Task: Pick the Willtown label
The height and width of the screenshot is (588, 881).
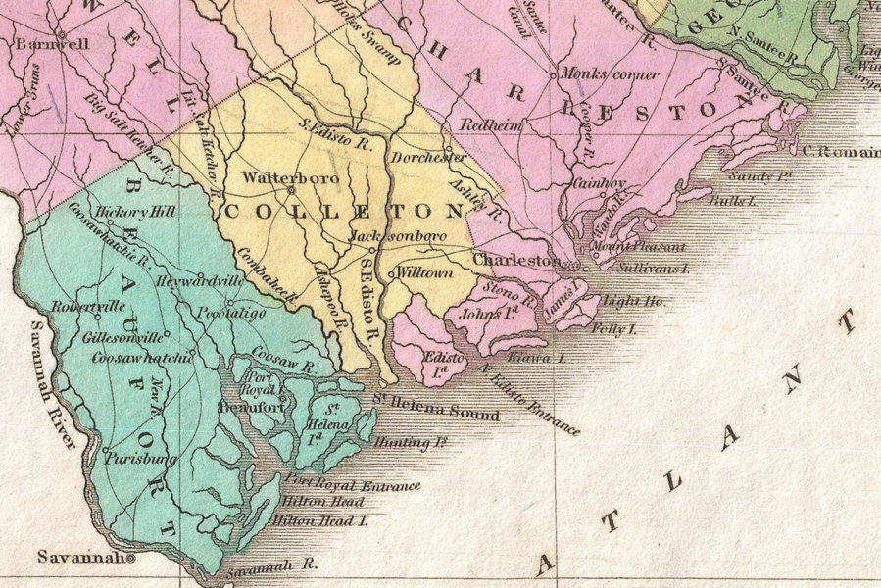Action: coord(424,273)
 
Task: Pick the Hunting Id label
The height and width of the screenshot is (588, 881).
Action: coord(410,443)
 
